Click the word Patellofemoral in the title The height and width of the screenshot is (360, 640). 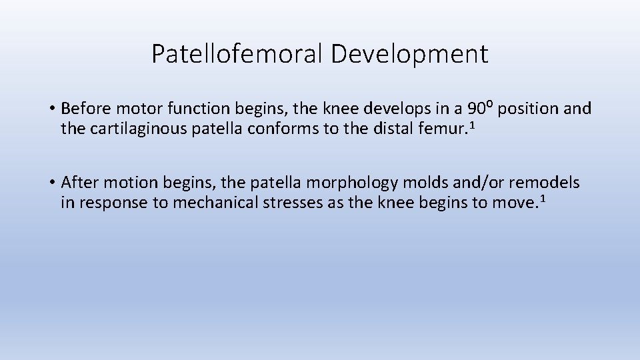(x=237, y=54)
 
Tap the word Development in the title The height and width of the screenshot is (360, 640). (x=409, y=54)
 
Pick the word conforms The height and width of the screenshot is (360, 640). (x=283, y=128)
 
